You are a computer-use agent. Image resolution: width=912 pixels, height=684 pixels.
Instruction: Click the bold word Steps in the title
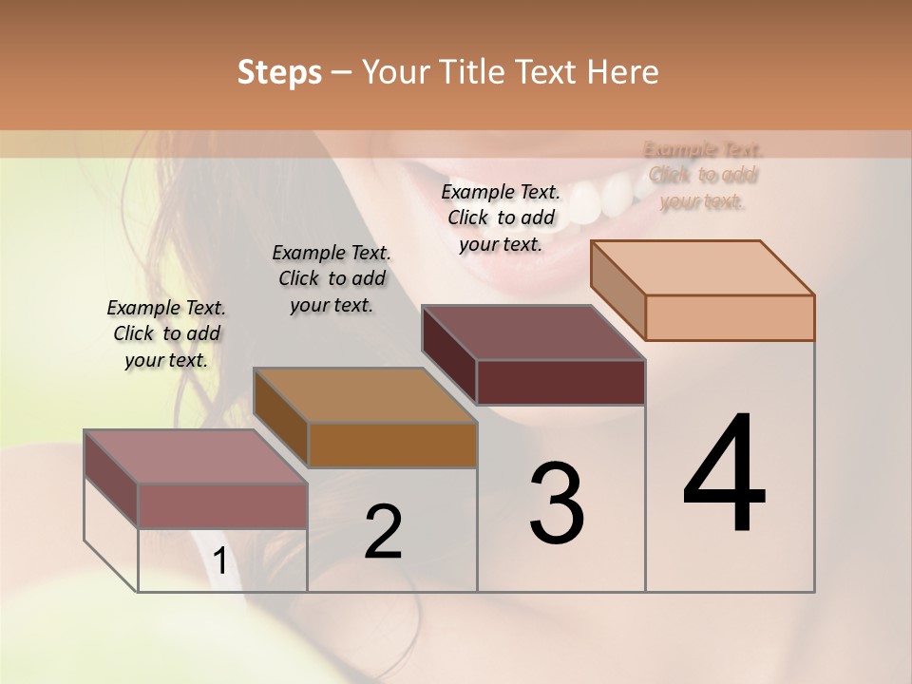point(279,72)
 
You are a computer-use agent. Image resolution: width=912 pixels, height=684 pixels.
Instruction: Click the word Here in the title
point(620,72)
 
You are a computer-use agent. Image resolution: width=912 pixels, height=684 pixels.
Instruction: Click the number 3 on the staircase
point(556,503)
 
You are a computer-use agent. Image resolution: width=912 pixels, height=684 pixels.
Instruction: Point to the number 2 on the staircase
point(383,532)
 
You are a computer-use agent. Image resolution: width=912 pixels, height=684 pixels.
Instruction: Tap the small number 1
point(219,561)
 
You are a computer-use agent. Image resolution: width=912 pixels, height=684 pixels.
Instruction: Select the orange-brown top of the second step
point(365,395)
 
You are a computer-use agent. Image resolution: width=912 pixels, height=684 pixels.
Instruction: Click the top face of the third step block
point(534,332)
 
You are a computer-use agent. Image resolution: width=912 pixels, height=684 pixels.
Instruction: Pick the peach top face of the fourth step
point(703,268)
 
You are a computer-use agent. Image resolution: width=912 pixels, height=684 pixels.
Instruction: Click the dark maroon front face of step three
point(560,382)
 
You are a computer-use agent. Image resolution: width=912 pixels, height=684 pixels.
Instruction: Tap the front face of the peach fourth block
point(730,317)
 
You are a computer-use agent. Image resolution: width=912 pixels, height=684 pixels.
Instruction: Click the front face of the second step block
point(392,445)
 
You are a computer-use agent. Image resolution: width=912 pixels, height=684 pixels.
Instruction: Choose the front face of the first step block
point(222,505)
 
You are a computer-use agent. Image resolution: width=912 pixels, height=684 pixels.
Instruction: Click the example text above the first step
point(166,333)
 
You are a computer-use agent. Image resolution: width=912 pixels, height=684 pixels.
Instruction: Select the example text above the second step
point(332,278)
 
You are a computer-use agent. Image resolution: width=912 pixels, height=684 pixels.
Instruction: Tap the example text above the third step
point(501,218)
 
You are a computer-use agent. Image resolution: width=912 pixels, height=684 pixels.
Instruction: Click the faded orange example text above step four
point(703,175)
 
